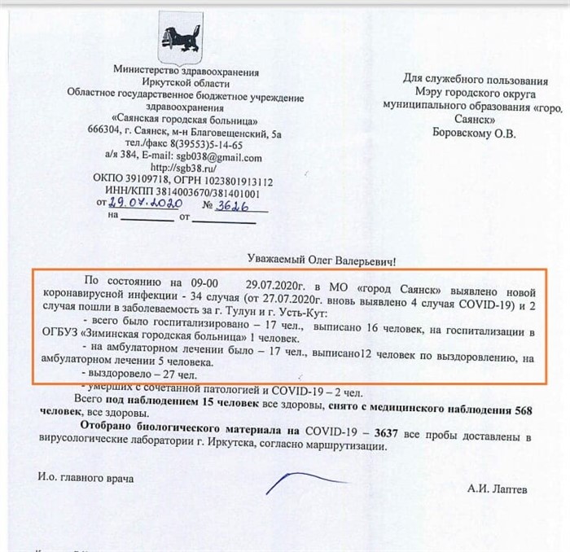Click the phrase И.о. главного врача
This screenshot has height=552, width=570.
click(x=85, y=477)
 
